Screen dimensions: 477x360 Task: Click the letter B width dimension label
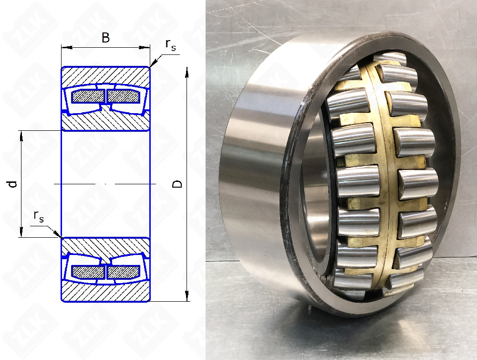[x=105, y=38]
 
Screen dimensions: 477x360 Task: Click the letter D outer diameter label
[x=177, y=184]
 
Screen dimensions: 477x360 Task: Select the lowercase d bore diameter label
[x=12, y=184]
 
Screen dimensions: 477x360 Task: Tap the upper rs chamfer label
[x=171, y=44]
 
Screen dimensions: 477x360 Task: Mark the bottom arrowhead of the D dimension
[x=187, y=296]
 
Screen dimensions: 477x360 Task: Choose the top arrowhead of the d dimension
[x=21, y=136]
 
